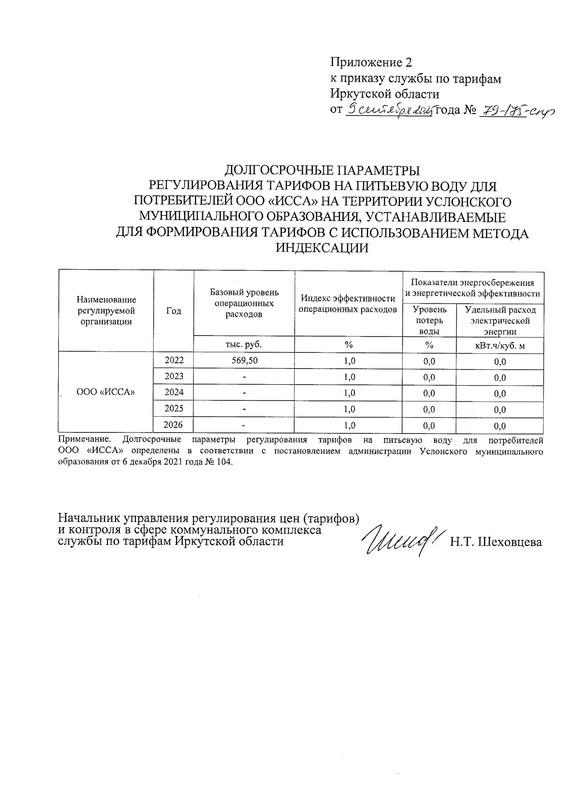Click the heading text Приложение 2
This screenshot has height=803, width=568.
[371, 62]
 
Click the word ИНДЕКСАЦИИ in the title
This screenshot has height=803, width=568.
[322, 247]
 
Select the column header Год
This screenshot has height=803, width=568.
[174, 310]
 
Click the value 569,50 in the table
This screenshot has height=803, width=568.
[244, 361]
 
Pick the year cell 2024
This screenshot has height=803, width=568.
[174, 392]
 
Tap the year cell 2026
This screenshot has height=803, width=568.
[174, 425]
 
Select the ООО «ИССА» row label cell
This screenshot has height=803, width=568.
[106, 392]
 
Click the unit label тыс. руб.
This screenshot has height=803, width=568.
[244, 344]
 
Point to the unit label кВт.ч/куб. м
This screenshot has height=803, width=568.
[500, 345]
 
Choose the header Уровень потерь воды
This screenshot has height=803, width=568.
[429, 320]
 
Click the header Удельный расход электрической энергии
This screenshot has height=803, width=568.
[500, 320]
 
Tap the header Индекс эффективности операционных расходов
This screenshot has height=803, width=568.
[348, 304]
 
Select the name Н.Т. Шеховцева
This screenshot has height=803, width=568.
[496, 542]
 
